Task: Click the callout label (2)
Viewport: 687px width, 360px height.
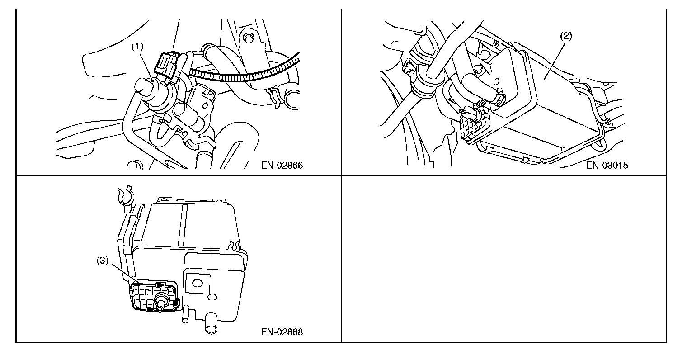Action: click(566, 37)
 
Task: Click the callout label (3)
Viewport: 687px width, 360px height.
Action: click(103, 261)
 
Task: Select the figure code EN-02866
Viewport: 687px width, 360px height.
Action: click(282, 165)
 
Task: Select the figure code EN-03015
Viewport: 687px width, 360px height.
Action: click(607, 165)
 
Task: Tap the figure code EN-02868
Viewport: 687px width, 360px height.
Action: click(282, 332)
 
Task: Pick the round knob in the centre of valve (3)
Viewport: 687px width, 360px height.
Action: click(160, 298)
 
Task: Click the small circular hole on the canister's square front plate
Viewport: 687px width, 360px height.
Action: click(197, 284)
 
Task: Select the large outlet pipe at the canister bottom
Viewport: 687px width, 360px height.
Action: click(211, 325)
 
